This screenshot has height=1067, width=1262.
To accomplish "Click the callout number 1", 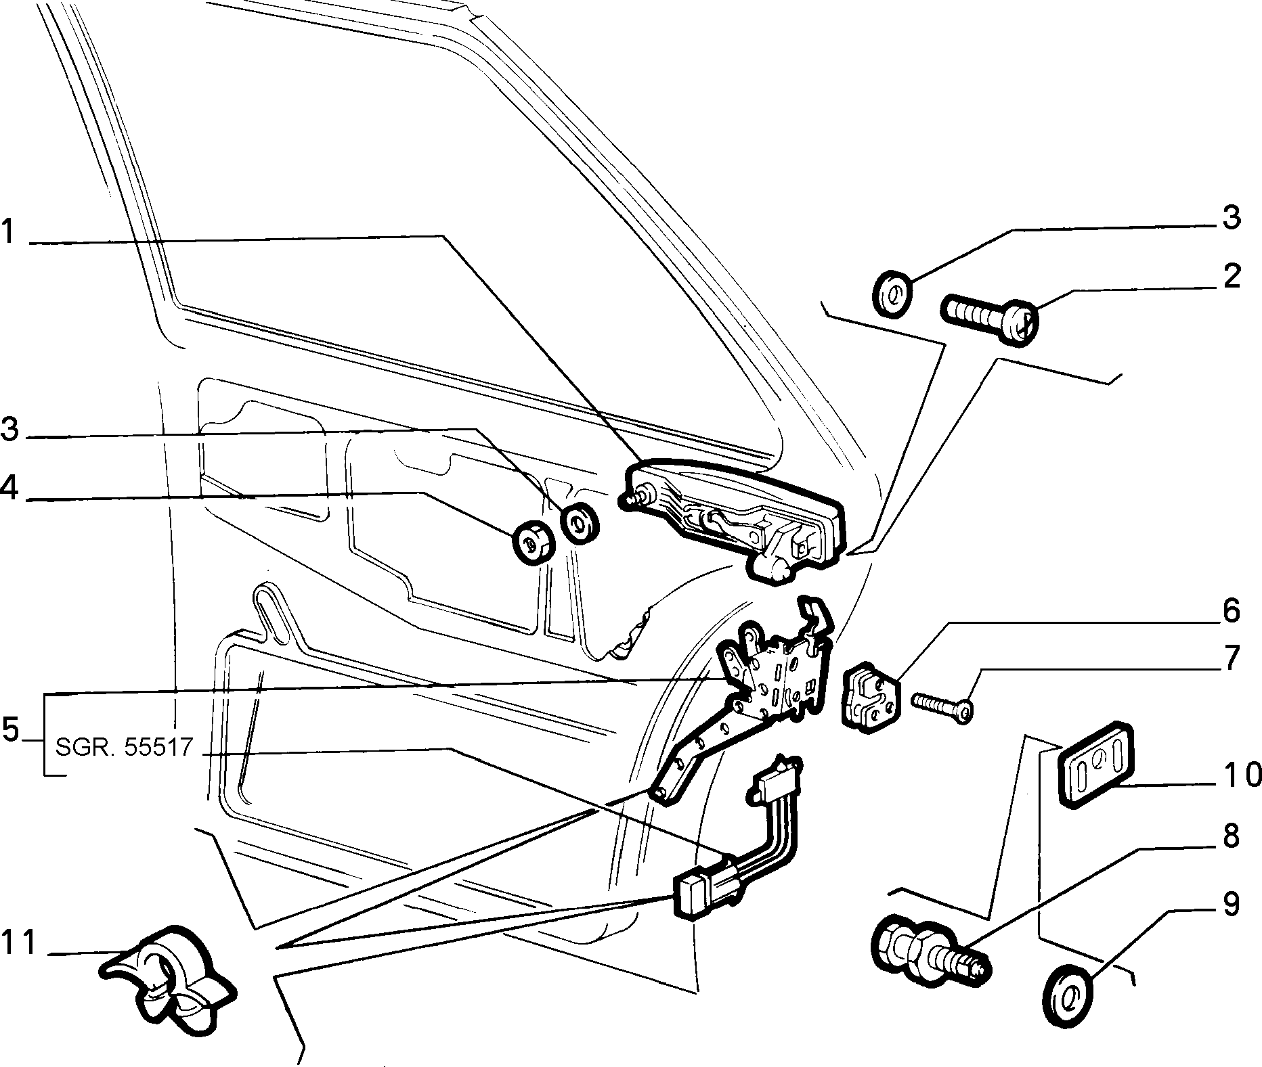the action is click(8, 231).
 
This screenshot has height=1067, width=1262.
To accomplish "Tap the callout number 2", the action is click(1231, 277).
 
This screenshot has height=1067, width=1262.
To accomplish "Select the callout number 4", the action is click(9, 489).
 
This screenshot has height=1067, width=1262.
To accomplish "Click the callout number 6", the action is click(1231, 610).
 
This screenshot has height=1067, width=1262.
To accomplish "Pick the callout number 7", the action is click(1231, 658).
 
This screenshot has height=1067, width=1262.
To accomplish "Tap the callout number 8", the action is click(1231, 836).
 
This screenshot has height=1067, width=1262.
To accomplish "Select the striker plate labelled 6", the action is click(872, 698).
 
